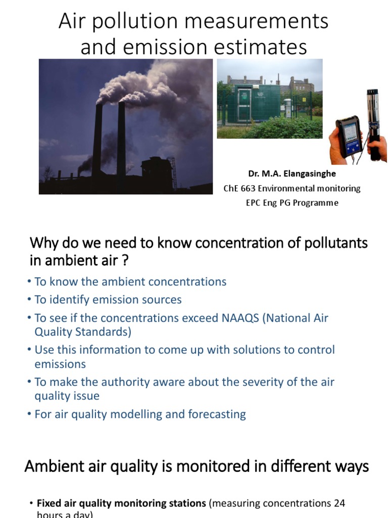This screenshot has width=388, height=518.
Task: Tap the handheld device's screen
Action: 350,135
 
